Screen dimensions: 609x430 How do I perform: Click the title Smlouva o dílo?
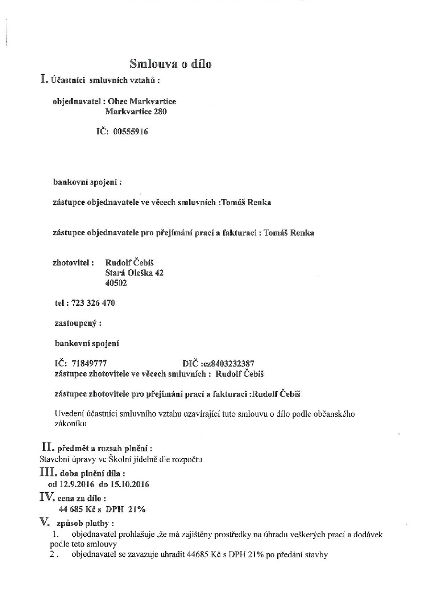click(x=170, y=64)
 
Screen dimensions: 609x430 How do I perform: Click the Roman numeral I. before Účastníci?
click(x=45, y=79)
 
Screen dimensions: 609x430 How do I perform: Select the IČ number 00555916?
click(x=131, y=132)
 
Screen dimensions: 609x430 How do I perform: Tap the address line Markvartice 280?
click(x=136, y=112)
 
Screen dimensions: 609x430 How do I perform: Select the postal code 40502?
click(x=116, y=283)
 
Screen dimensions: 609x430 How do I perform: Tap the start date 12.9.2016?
click(x=77, y=484)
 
